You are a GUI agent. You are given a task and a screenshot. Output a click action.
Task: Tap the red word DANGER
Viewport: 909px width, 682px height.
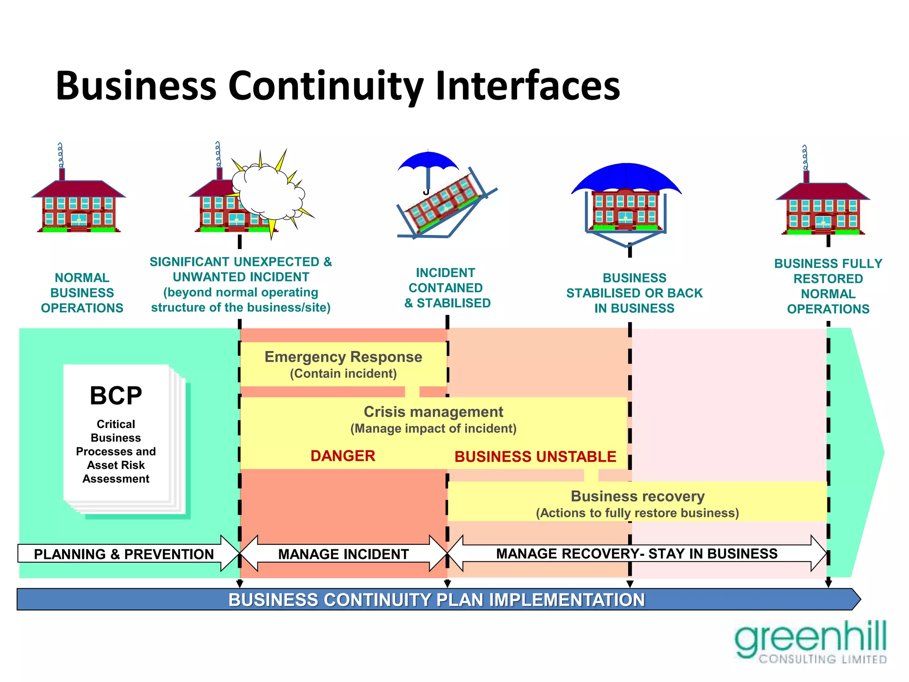coord(343,456)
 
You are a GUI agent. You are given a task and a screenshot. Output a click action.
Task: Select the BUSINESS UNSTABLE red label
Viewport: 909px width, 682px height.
coord(535,457)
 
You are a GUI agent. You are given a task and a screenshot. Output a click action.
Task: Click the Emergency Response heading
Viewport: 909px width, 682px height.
coord(343,357)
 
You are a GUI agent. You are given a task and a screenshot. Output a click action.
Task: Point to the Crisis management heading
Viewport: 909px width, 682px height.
coord(433,412)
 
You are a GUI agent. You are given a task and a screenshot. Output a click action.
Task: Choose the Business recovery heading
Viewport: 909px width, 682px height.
coord(637,496)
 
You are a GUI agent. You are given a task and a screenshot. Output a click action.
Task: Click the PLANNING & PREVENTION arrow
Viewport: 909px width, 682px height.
coord(124,554)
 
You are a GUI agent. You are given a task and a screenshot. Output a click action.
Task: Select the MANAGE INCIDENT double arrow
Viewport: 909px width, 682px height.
coord(343,554)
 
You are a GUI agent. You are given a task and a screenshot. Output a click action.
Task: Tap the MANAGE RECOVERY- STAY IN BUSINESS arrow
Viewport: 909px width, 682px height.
coord(636,554)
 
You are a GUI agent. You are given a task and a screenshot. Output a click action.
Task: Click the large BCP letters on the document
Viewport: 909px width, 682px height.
coord(116,396)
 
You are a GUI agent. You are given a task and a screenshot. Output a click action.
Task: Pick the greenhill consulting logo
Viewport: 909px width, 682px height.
coord(810,642)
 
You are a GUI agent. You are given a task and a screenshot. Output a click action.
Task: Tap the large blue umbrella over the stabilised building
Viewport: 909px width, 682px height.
coord(626,178)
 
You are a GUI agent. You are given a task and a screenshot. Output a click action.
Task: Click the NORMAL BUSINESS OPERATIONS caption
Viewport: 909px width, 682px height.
coord(82,293)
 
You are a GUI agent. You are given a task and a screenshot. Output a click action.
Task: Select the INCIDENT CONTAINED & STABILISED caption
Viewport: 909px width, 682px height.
coord(447,288)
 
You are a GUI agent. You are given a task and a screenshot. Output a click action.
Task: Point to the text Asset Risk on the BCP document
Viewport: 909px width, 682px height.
coord(116,465)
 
